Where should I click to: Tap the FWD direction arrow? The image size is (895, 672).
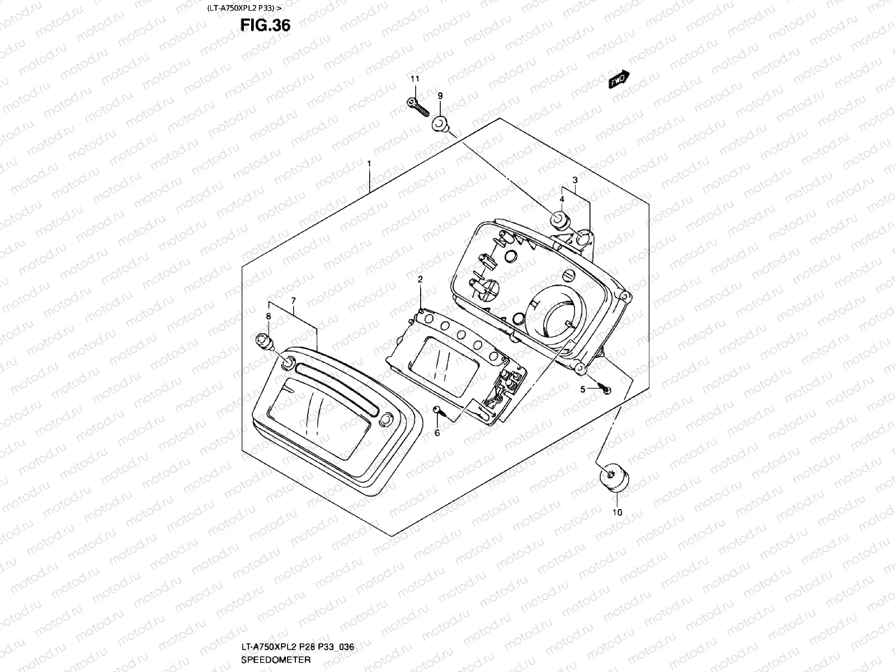coord(619,80)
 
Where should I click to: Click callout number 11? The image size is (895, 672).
coord(414,79)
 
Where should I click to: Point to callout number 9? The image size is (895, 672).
coord(440,96)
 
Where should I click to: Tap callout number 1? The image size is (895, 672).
coord(369,163)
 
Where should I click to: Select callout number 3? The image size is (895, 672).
coord(574,180)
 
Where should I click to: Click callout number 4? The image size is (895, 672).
coord(562,199)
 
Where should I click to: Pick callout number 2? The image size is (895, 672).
coord(420,279)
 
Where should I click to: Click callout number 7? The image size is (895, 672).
coord(293,301)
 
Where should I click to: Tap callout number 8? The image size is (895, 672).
coord(268,316)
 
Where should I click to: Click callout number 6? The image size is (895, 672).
coord(437,432)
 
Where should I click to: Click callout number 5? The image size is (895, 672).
coord(582,389)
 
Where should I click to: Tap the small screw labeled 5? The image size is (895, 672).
coord(605,388)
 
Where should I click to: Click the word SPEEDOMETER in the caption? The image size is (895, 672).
coord(276,660)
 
